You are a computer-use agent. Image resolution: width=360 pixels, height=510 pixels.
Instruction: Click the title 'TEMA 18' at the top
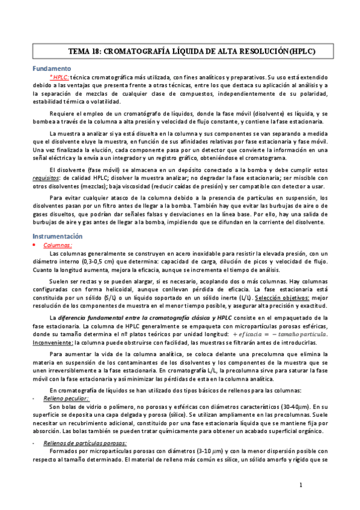88,52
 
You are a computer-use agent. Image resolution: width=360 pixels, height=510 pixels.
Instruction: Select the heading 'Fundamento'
51,69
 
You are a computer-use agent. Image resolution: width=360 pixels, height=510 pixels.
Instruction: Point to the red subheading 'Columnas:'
58,245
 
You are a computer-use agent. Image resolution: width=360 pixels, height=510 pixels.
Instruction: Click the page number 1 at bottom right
301,485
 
